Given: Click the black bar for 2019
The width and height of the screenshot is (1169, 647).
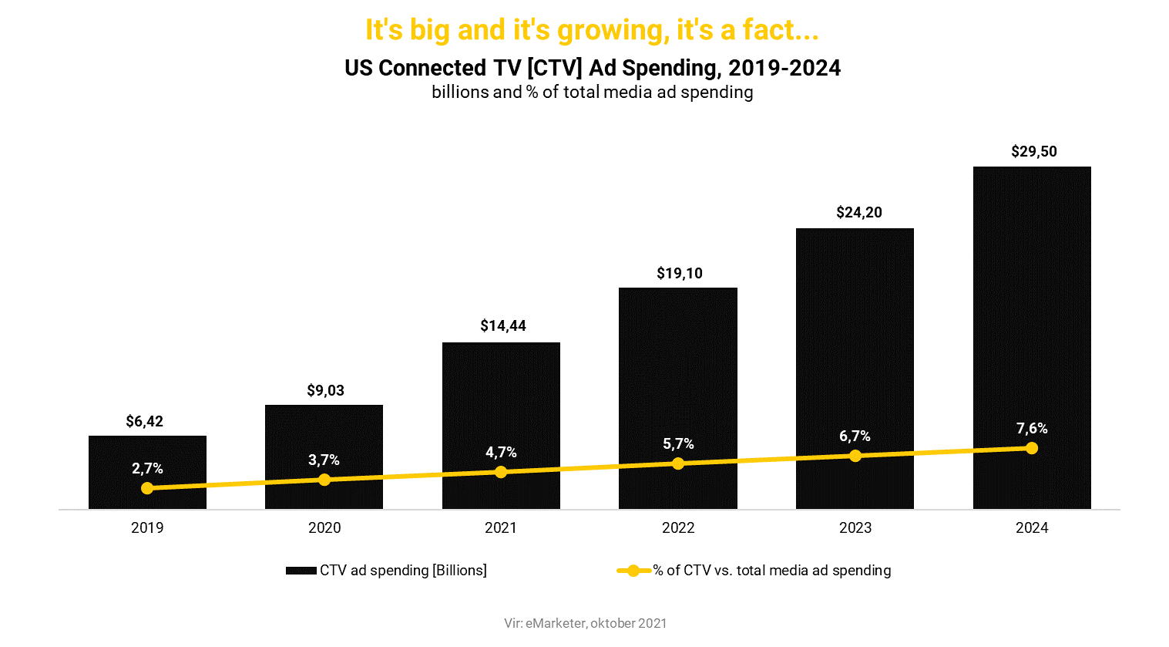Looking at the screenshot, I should click(x=147, y=455).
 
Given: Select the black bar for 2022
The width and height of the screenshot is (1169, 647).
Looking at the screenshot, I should click(x=677, y=370).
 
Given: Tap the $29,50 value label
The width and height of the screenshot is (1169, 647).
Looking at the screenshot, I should click(x=1033, y=152).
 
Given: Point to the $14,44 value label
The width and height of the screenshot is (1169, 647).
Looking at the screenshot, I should click(x=502, y=326).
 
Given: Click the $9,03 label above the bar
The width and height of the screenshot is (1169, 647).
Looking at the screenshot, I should click(x=325, y=391).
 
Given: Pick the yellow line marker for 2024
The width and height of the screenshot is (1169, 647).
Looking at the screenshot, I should click(x=1032, y=448).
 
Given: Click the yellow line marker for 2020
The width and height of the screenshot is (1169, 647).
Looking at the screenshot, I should click(x=324, y=480).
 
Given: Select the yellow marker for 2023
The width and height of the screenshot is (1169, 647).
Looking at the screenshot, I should click(x=855, y=456).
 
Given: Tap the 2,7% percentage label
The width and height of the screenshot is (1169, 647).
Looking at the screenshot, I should click(x=147, y=469).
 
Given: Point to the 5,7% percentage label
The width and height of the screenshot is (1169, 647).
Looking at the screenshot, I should click(x=678, y=444).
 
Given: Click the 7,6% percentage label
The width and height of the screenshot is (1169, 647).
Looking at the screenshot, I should click(x=1032, y=429).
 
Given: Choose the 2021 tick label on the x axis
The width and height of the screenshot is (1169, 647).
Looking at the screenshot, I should click(x=501, y=528).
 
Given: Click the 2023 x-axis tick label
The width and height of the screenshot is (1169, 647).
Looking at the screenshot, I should click(x=855, y=528).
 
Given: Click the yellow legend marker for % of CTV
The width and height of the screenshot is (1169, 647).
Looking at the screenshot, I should click(x=633, y=571).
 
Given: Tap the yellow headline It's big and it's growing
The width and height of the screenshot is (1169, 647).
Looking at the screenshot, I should click(x=592, y=30).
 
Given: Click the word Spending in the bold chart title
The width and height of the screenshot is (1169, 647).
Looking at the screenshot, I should click(x=670, y=68).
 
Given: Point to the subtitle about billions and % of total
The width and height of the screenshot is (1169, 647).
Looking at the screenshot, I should click(x=592, y=93).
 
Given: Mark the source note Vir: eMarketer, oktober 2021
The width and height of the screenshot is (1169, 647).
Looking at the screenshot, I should click(x=585, y=623).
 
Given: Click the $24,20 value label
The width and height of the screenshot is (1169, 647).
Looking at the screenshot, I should click(x=858, y=213).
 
